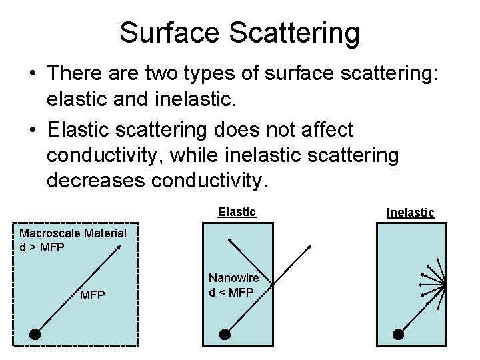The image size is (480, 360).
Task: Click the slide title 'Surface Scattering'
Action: coord(239,32)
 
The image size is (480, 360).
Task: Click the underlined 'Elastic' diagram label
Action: coord(237,212)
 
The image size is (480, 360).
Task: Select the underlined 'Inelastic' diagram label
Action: coord(411,213)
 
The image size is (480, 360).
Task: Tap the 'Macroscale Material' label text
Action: coord(73,233)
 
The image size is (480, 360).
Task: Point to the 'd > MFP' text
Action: coord(43,246)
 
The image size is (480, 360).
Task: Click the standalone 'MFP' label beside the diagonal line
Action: coord(92,295)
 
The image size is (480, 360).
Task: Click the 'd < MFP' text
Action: coord(231,291)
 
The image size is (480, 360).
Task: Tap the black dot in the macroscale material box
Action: coord(35,335)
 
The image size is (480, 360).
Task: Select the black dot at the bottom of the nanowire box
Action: coord(225,334)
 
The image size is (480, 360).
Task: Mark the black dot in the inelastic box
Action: coord(399,334)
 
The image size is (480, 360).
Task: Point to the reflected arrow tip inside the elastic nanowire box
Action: coord(229,239)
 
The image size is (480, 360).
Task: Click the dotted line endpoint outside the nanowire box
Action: coord(309,248)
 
